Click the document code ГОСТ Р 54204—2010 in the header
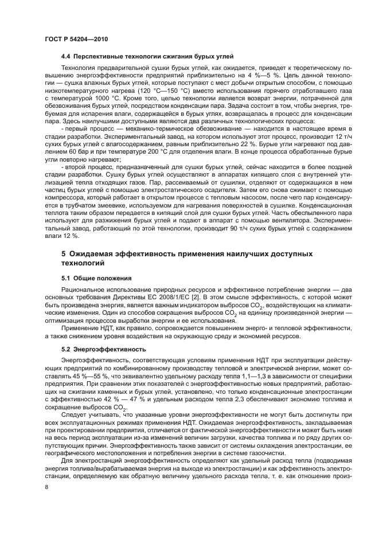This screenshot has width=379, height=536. [x=76, y=38]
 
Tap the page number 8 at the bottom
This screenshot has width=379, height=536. [x=46, y=487]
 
